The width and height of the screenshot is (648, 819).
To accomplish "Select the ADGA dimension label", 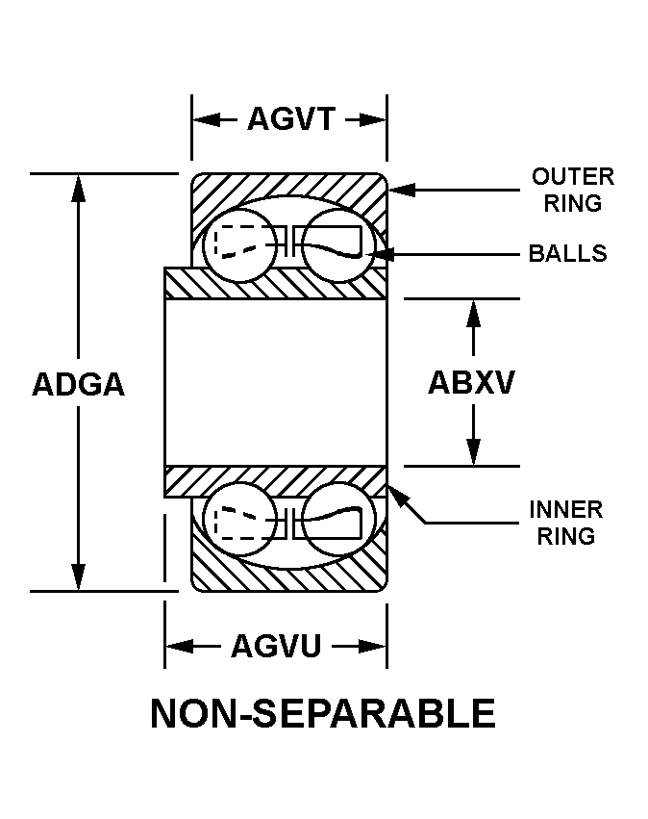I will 79,383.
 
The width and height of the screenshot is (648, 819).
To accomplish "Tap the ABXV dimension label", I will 471,382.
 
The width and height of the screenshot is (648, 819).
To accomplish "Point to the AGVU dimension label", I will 275,646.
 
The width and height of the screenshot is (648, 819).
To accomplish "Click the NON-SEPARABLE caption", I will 323,714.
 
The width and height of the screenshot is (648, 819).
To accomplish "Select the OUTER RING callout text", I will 572,190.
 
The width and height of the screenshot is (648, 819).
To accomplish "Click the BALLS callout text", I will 568,253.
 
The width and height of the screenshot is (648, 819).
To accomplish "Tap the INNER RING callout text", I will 565,522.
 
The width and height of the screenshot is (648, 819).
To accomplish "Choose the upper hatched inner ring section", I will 276,284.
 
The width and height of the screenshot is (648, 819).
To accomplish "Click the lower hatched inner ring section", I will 276,479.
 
